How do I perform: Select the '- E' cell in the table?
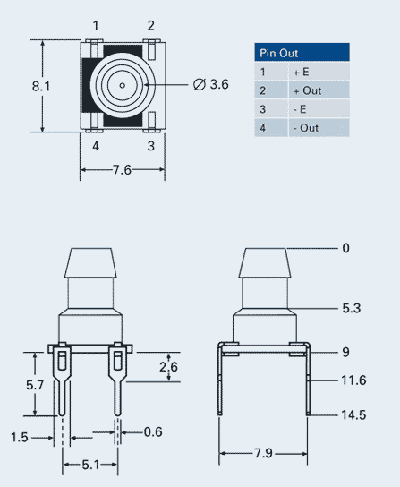click(300, 109)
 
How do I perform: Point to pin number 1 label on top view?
click(95, 25)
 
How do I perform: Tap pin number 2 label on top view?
click(151, 25)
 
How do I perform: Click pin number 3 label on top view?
click(151, 145)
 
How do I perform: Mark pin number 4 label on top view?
click(95, 145)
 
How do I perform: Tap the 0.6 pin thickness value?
click(153, 432)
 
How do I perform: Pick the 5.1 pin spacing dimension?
click(90, 464)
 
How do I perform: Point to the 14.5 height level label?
click(354, 414)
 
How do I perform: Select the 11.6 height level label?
click(354, 380)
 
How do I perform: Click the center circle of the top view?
click(121, 85)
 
